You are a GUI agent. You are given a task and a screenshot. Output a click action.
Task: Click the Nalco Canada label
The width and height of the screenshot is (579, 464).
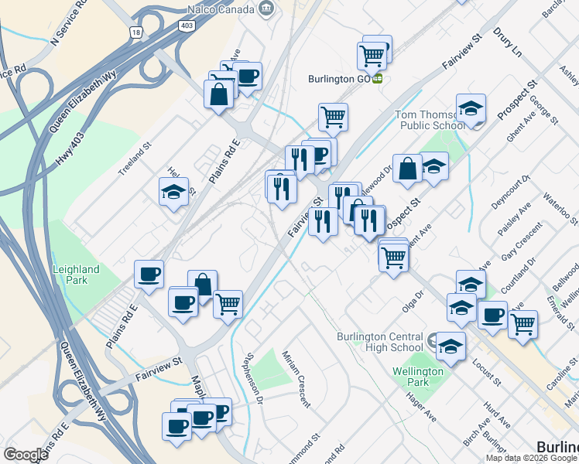pos(221,9)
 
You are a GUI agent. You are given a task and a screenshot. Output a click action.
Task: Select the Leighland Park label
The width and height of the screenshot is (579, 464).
pos(76,275)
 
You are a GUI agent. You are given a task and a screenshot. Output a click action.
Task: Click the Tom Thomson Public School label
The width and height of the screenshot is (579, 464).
pos(431,120)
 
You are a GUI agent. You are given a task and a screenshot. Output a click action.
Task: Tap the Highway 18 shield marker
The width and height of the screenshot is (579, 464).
pos(136,32)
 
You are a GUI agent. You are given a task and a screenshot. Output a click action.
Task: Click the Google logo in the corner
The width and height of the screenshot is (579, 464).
pos(26,455)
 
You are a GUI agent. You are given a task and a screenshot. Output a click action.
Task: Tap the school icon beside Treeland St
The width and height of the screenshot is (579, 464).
pos(173,192)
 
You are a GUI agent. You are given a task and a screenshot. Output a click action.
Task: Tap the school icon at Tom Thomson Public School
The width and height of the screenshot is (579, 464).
pos(471,109)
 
